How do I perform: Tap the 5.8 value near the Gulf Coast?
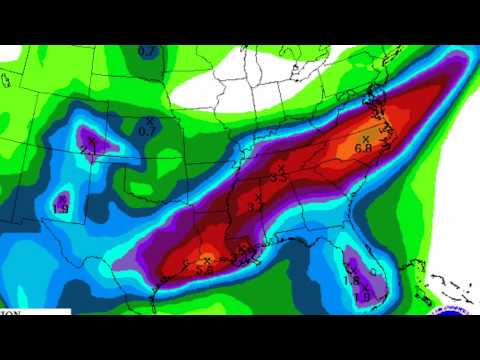(x=205, y=268)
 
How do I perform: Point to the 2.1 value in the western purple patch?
(x=87, y=151)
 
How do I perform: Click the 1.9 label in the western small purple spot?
(x=60, y=208)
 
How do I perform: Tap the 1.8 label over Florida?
(x=351, y=281)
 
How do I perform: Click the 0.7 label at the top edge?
(x=146, y=50)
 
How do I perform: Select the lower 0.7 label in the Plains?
(x=146, y=130)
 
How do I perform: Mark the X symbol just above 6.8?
(x=365, y=138)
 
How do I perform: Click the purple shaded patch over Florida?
(x=353, y=268)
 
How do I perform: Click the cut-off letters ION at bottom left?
(x=11, y=312)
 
